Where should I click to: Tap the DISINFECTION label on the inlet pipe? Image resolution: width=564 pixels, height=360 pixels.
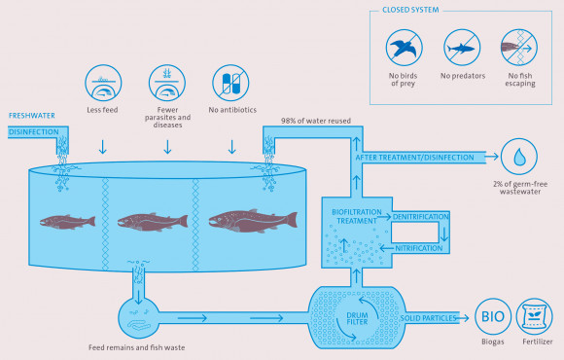[x=34, y=131]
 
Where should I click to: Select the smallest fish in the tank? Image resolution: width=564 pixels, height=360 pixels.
[x=69, y=221]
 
